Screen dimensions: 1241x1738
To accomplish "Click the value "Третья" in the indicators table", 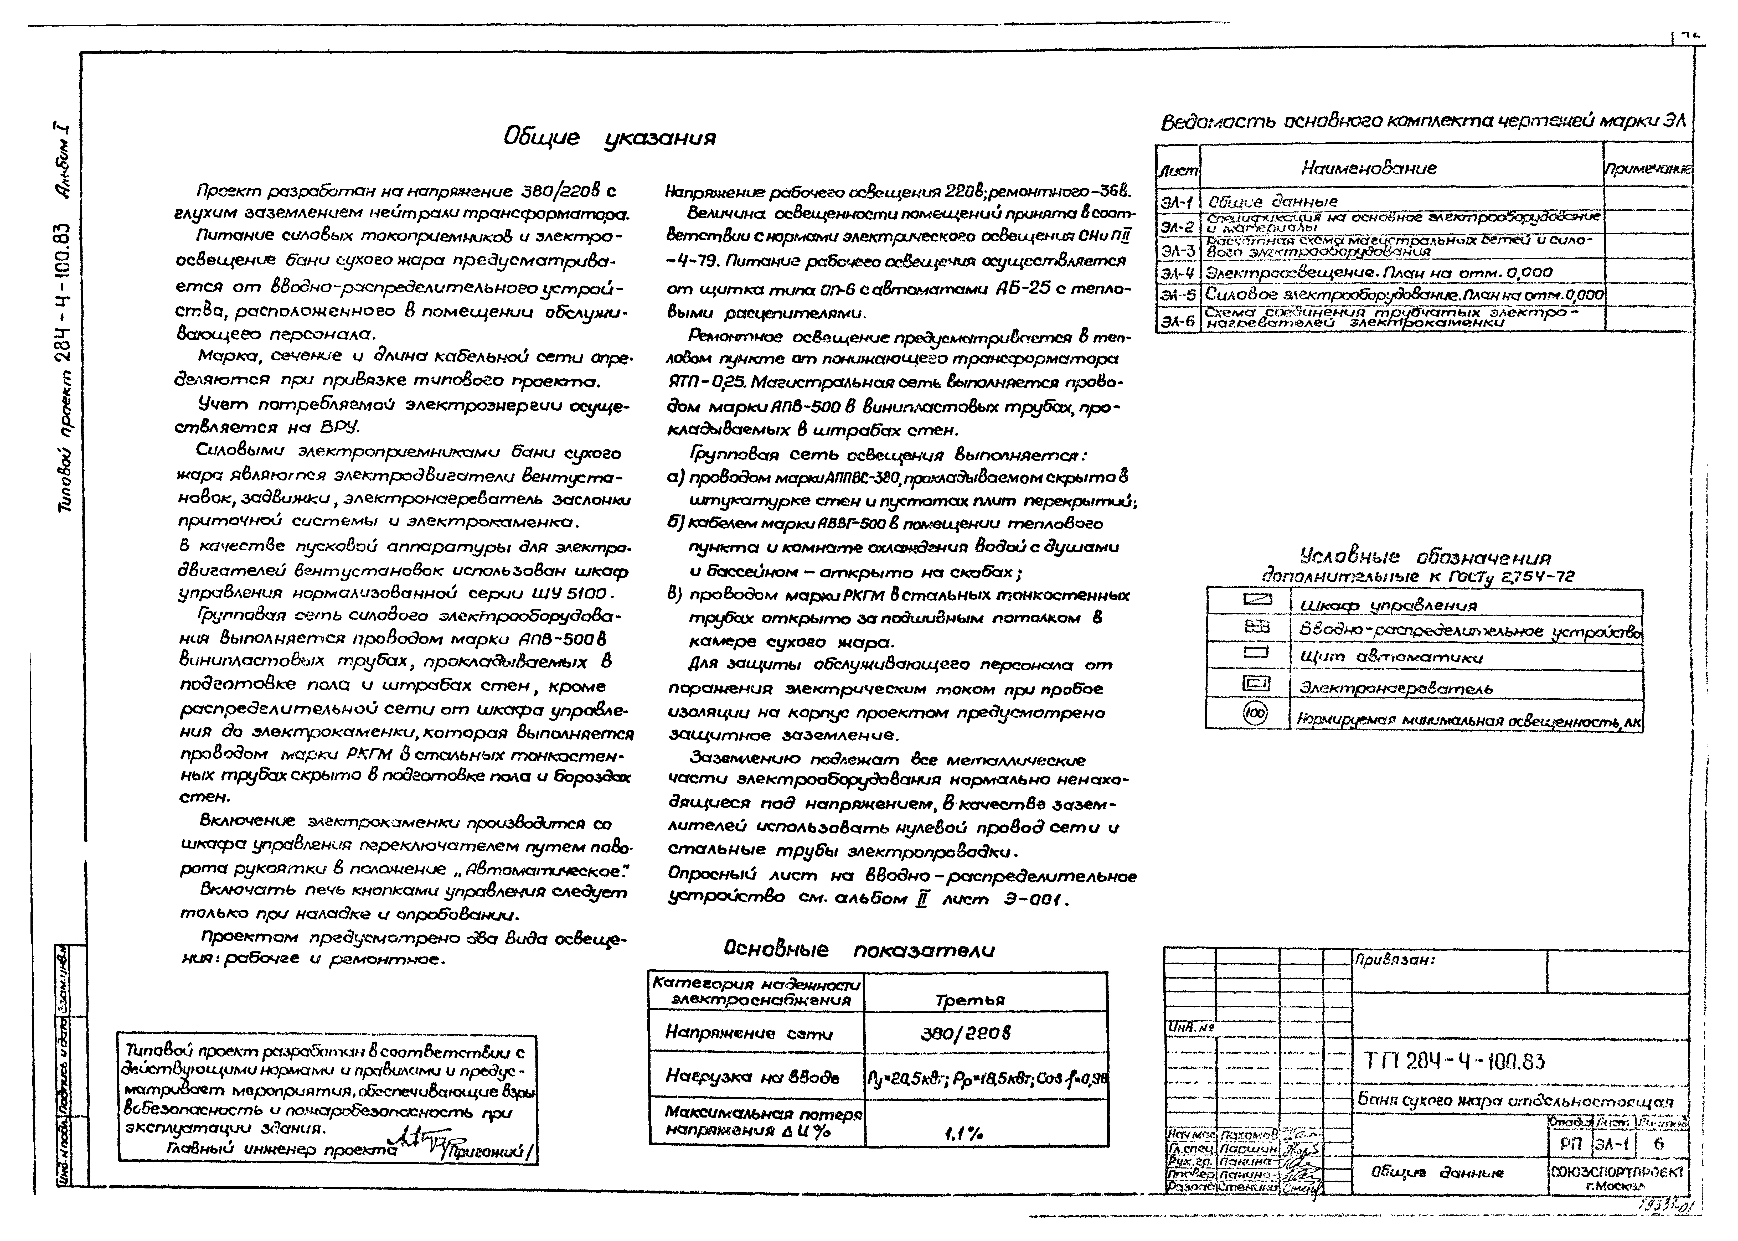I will pos(969,1000).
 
